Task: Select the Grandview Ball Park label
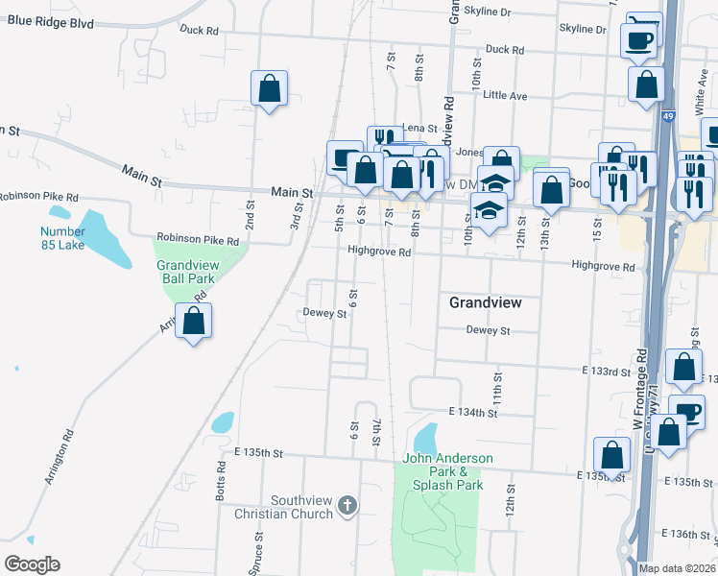pos(188,271)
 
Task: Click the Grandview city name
pos(486,302)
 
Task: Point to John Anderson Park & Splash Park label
pos(447,471)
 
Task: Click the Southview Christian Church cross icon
pos(347,504)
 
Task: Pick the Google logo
pos(32,564)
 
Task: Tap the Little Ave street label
pos(505,95)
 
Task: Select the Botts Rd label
pos(221,480)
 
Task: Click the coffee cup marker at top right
pos(638,40)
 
